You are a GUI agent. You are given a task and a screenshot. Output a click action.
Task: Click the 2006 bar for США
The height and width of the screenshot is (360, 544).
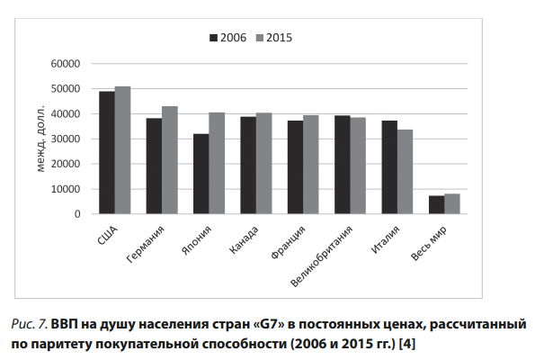coord(107,153)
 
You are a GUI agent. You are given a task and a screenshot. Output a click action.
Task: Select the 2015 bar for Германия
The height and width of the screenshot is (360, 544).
coord(169,160)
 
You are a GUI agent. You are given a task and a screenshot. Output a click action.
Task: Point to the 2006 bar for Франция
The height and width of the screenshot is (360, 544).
coord(295,167)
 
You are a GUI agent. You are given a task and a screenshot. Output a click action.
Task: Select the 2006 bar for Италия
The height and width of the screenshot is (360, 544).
coord(388,167)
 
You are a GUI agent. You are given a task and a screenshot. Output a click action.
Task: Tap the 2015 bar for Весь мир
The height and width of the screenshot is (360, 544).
coord(451,204)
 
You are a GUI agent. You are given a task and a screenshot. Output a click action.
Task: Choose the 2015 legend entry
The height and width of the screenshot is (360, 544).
coord(273,38)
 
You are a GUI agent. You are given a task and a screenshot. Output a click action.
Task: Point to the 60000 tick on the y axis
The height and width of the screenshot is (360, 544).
coord(66,64)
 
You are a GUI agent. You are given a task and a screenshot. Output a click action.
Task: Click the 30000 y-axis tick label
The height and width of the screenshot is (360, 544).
coord(66,139)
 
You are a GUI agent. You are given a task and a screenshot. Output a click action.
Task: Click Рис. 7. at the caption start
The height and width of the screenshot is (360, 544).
coord(30,323)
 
